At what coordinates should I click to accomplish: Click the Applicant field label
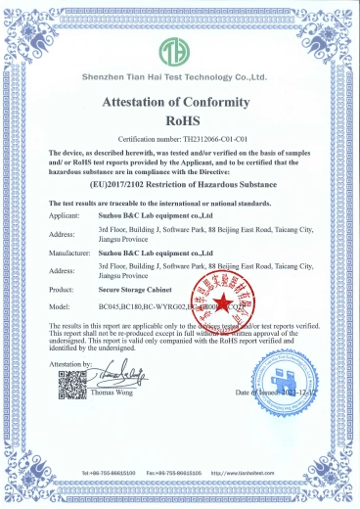coord(65,212)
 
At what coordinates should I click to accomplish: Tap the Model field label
coord(59,306)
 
